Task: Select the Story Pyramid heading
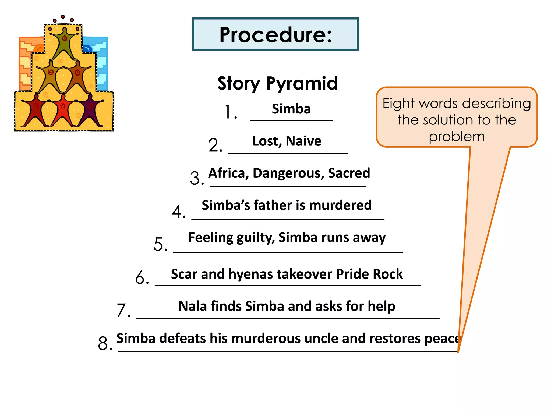[277, 83]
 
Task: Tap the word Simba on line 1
[291, 109]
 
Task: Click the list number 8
[104, 344]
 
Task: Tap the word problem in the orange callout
[457, 137]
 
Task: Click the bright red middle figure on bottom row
[63, 109]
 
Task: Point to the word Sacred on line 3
[349, 173]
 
